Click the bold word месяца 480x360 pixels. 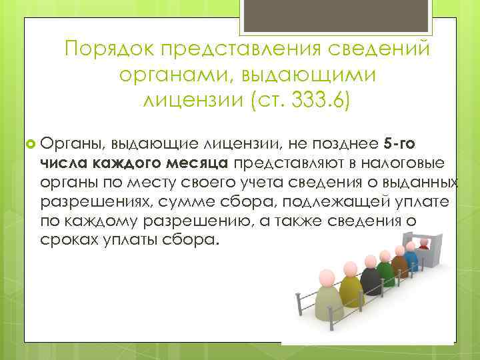click(x=200, y=163)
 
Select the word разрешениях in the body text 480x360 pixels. click(x=87, y=202)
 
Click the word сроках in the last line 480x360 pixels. click(x=67, y=241)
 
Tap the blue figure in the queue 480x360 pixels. click(x=411, y=257)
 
